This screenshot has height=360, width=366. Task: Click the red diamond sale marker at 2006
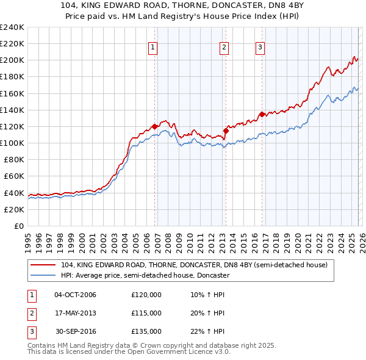(154, 126)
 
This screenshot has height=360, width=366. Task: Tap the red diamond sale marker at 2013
(226, 130)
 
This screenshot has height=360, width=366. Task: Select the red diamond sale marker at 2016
(262, 114)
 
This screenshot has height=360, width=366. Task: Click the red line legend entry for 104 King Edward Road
(194, 265)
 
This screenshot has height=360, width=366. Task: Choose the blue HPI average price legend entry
(145, 275)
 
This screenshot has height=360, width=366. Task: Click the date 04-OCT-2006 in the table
(75, 295)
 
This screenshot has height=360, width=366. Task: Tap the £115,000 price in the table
(146, 313)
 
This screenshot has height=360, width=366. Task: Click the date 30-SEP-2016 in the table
(75, 331)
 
